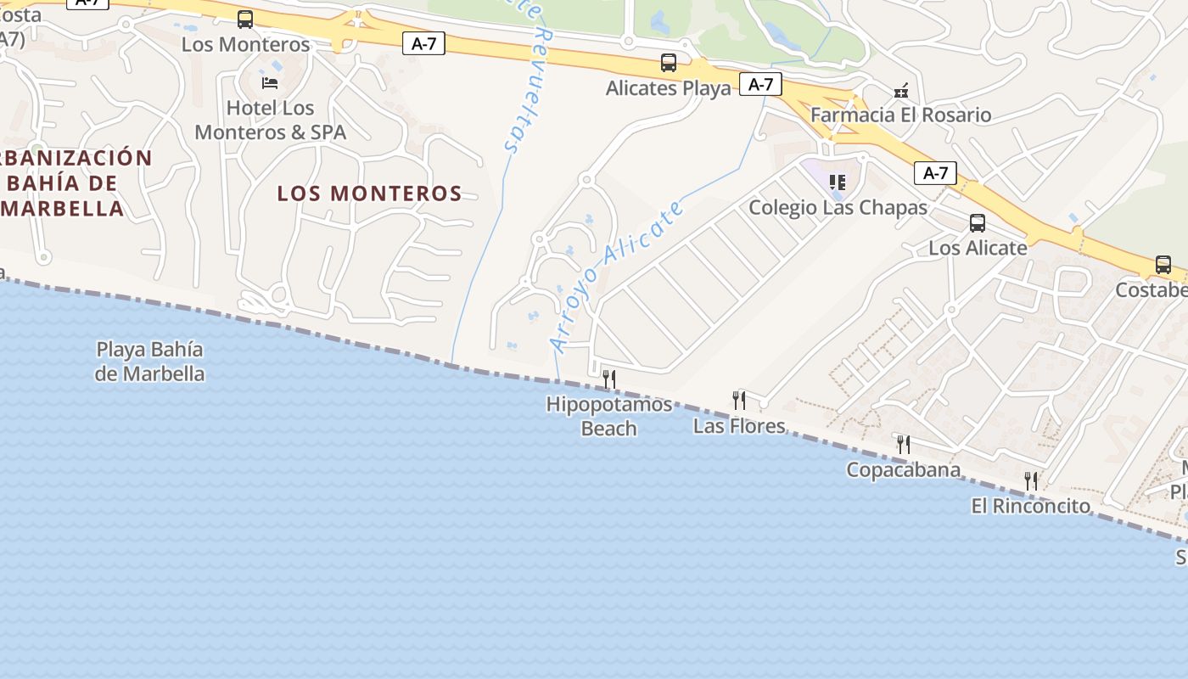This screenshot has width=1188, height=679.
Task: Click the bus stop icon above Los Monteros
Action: click(x=245, y=20)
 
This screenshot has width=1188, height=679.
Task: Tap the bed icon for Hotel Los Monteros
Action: click(x=270, y=83)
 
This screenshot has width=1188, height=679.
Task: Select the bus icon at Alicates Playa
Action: click(x=669, y=63)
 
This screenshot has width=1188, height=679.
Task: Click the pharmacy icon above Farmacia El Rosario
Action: click(x=901, y=90)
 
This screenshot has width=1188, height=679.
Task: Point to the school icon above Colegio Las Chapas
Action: click(x=838, y=182)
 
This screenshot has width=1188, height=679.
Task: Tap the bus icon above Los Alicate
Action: click(x=978, y=223)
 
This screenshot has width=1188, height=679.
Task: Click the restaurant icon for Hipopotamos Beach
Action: click(x=608, y=379)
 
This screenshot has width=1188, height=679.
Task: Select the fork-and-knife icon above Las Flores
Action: click(x=739, y=400)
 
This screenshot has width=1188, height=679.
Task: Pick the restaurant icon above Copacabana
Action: click(x=903, y=444)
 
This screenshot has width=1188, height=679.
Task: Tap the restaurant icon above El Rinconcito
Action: click(x=1031, y=481)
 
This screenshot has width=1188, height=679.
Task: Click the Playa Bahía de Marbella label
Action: click(x=150, y=361)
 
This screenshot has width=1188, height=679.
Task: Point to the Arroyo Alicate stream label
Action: click(x=617, y=275)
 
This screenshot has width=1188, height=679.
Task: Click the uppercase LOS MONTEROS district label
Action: click(x=370, y=194)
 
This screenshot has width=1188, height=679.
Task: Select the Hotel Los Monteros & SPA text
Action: click(x=270, y=121)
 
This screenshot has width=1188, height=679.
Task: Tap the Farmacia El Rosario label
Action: click(x=900, y=115)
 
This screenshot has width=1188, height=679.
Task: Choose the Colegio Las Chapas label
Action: click(x=838, y=207)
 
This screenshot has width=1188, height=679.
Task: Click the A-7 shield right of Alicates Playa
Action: click(x=760, y=84)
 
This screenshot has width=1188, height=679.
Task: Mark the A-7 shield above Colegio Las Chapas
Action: click(x=935, y=174)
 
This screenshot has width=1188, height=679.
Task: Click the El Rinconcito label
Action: click(x=1030, y=506)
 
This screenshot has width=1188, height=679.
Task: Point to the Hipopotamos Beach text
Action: click(x=608, y=416)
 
